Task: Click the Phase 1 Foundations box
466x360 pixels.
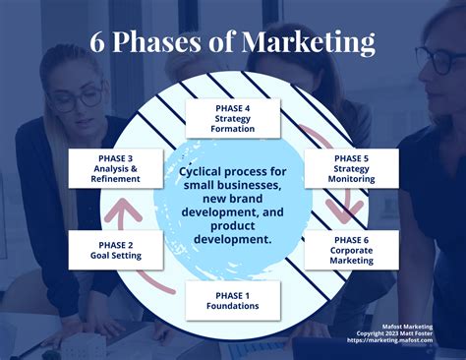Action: [232, 300]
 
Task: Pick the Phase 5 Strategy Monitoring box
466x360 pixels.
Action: [351, 168]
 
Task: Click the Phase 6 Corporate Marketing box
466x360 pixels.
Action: [351, 250]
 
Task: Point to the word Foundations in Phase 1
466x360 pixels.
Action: [232, 306]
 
